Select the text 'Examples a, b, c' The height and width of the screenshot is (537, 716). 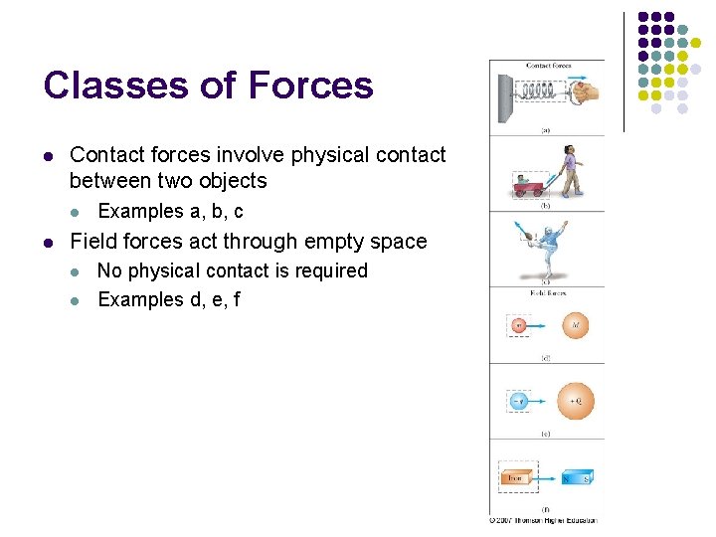170,211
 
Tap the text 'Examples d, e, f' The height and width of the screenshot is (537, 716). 168,299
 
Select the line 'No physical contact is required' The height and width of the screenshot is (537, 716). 232,270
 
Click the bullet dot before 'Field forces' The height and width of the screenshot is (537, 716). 48,242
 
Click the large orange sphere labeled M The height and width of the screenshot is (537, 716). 576,324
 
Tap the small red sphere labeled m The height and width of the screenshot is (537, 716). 518,325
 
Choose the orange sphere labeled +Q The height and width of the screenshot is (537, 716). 576,400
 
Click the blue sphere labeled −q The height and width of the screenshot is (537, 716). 518,401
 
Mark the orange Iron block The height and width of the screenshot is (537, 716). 516,477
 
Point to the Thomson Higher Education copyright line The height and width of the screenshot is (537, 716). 542,519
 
